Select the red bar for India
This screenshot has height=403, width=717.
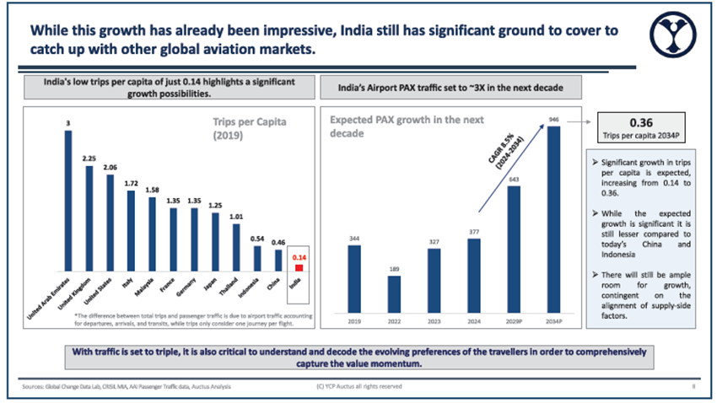299,268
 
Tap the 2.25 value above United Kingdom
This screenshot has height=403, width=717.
89,158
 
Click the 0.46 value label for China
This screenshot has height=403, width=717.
279,241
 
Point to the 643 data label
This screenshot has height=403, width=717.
513,179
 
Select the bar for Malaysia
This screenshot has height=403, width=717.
151,228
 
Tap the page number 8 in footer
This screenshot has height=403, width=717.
692,386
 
